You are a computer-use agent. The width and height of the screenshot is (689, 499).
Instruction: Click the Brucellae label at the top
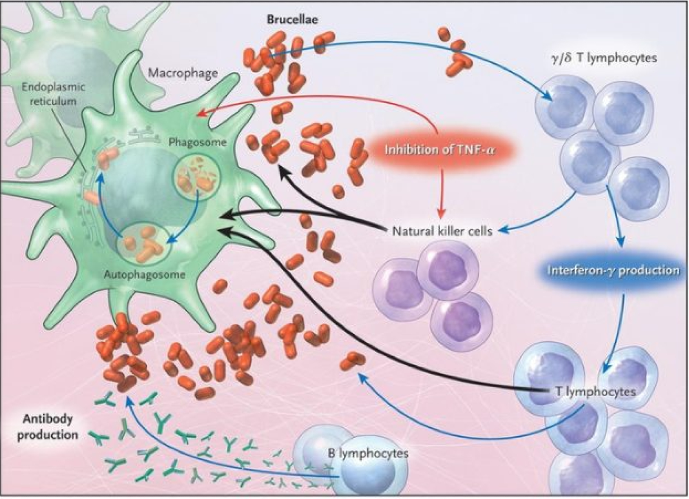292,20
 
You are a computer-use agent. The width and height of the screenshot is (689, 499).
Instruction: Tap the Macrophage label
183,73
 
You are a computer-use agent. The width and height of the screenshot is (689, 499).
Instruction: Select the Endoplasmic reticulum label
53,94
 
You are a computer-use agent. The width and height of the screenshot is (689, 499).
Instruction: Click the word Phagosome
197,142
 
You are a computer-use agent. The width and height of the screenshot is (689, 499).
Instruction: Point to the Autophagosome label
144,274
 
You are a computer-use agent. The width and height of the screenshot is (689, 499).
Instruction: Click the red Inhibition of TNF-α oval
440,150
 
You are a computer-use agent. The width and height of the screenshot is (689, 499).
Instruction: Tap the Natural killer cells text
442,231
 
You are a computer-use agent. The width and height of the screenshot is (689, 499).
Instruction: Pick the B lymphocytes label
368,453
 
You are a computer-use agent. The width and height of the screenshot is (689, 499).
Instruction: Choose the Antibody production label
48,427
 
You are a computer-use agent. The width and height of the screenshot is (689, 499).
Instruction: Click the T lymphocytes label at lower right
596,391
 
